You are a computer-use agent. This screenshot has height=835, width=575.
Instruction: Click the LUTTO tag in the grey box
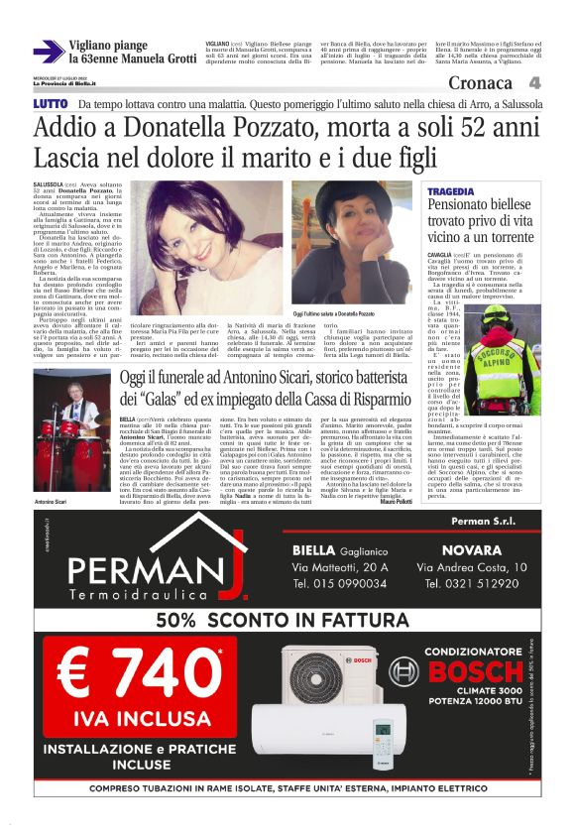[x=51, y=104]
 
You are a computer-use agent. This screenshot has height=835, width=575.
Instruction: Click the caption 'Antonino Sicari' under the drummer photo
[x=51, y=474]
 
